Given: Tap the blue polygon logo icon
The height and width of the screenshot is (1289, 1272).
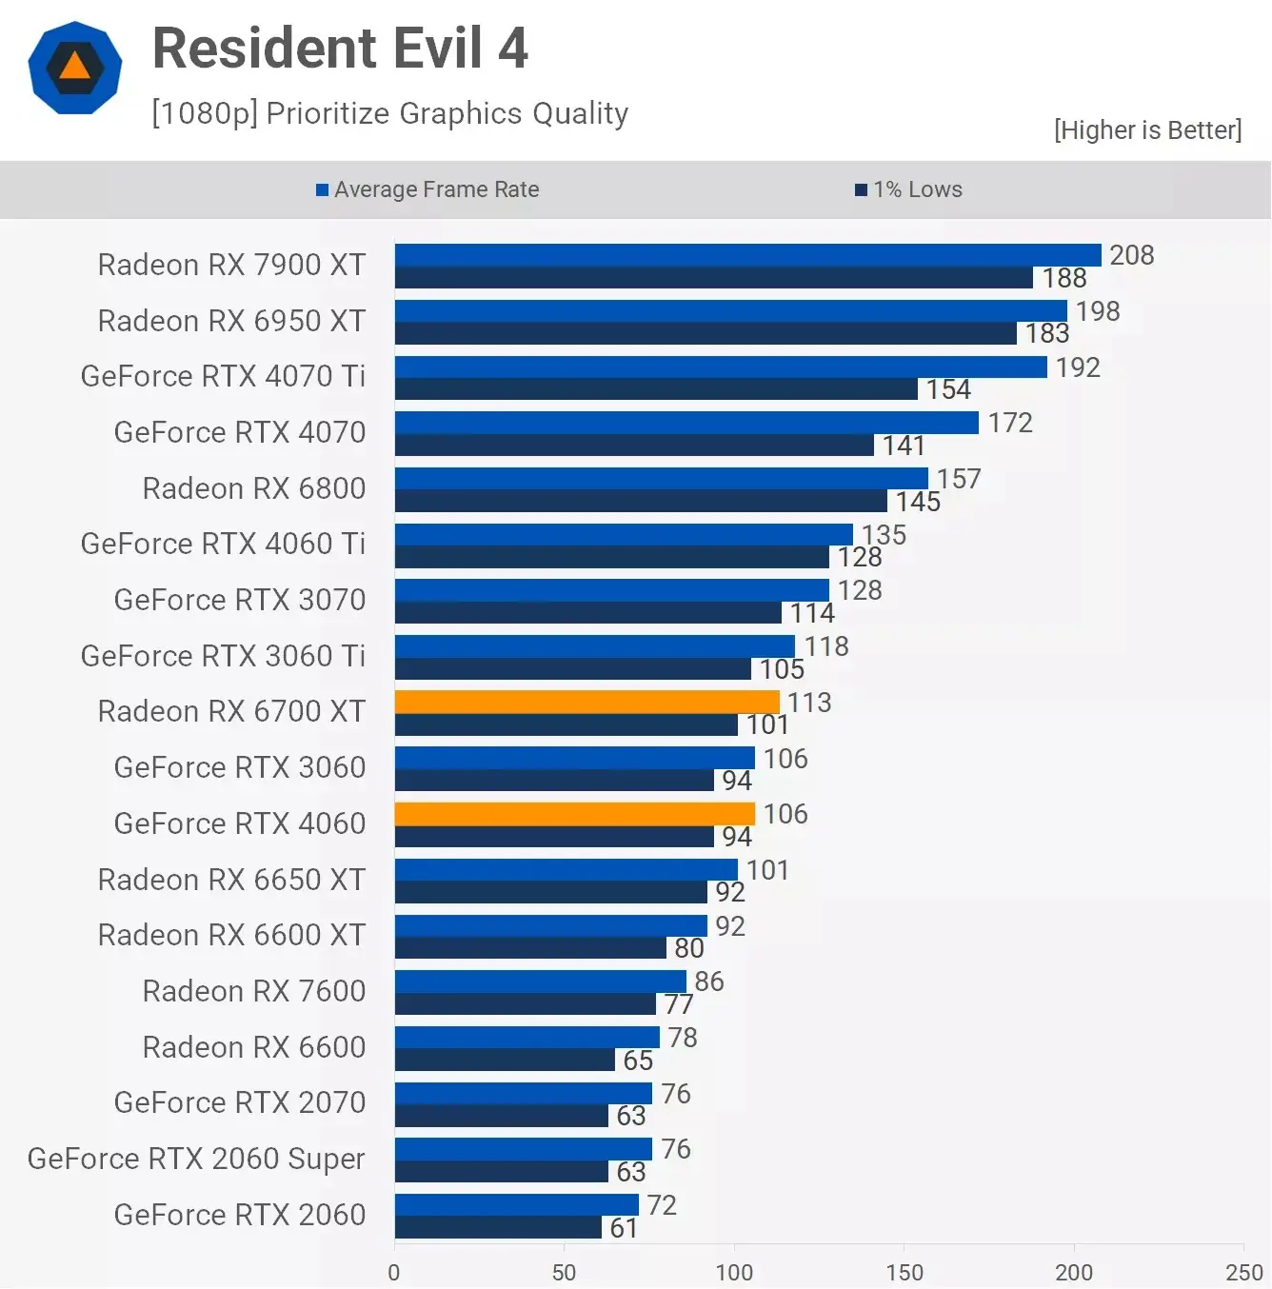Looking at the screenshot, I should (75, 68).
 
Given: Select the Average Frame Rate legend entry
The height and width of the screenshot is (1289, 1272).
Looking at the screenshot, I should (427, 189).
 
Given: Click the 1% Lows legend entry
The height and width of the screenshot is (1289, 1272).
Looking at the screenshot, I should (909, 189).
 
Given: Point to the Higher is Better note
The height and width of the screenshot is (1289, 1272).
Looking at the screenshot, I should (1147, 130).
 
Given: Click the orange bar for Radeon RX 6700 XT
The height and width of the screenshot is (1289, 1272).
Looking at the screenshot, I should (586, 702).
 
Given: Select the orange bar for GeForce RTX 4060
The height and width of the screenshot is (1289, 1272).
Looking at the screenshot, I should (574, 814).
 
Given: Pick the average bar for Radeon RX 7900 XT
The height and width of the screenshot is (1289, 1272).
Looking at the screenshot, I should (747, 254).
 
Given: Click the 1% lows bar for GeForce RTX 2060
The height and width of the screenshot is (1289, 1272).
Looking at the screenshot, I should (498, 1228).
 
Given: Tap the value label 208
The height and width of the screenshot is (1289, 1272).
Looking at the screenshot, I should (1131, 255).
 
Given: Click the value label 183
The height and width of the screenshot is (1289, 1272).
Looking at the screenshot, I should (1047, 333).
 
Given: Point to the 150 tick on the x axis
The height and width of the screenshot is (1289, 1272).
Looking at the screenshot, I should (904, 1272).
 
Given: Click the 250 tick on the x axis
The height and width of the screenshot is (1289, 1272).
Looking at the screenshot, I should (1243, 1272).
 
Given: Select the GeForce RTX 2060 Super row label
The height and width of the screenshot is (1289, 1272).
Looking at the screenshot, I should (196, 1159).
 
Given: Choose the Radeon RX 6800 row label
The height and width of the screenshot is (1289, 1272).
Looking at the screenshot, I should (253, 488).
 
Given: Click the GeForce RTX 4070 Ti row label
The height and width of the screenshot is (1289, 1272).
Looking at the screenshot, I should (223, 376).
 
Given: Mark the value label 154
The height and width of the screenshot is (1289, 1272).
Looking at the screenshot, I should (948, 389).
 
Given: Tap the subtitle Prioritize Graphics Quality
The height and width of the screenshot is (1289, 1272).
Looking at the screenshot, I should (389, 113).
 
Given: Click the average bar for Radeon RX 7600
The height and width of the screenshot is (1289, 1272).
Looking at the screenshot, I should (540, 982).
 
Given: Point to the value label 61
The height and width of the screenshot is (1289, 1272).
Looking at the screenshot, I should (624, 1228).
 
